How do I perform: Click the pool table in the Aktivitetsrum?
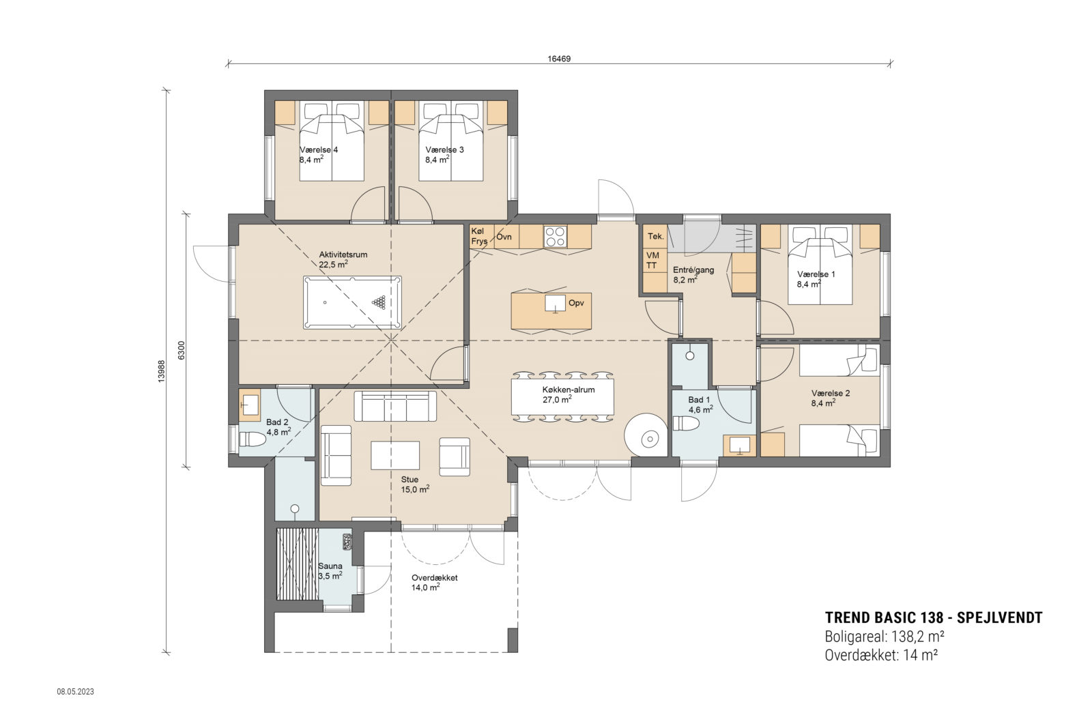pos(353,302)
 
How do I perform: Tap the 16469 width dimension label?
pos(558,59)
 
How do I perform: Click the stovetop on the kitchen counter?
pos(554,237)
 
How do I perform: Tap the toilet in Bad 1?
pos(686,424)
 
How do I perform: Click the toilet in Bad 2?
pos(252,439)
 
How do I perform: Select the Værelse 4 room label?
pos(319,150)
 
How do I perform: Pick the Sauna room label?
pos(330,566)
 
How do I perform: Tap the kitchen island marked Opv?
pos(551,310)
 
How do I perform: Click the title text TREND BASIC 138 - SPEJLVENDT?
pos(933,618)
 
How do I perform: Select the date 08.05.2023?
pos(75,691)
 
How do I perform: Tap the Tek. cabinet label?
pos(656,236)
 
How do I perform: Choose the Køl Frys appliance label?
pos(479,236)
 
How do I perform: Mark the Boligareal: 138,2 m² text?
pos(884,637)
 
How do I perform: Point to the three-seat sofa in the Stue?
pos(394,406)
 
